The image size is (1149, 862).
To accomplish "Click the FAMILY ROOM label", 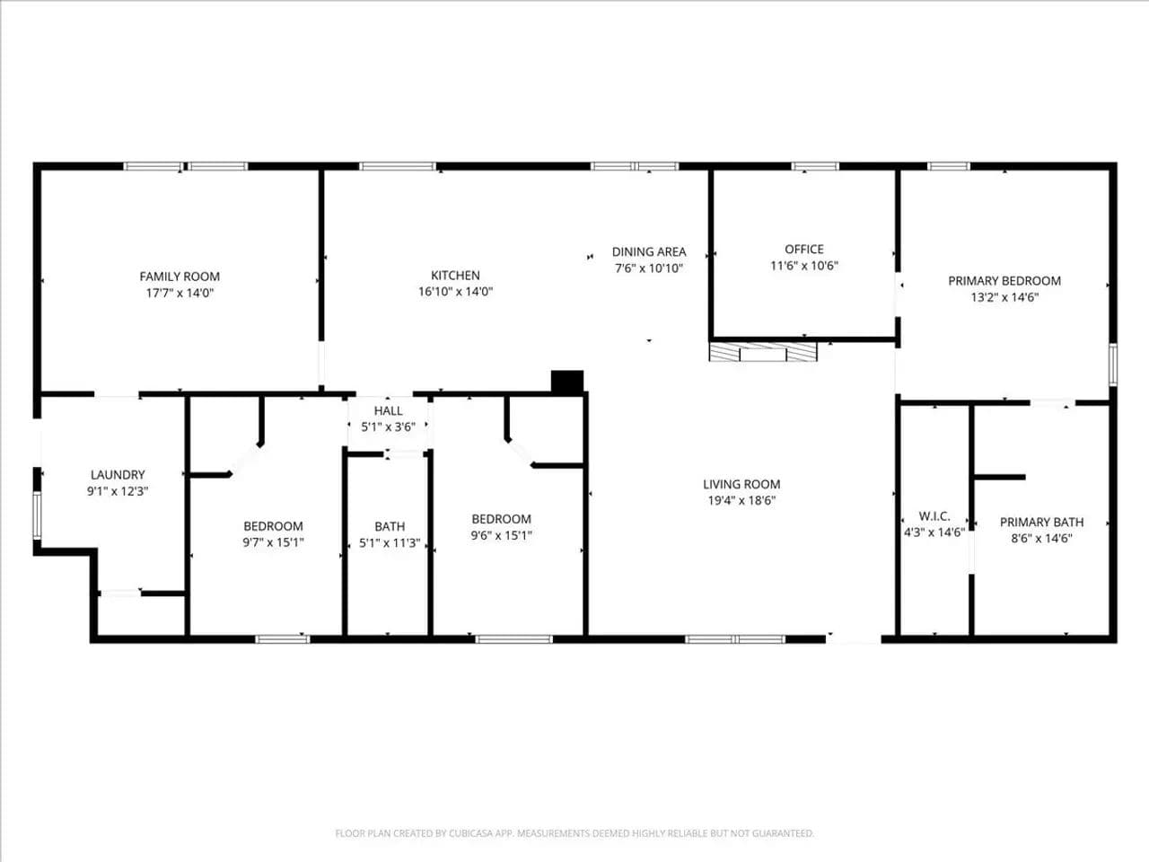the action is pos(180,277).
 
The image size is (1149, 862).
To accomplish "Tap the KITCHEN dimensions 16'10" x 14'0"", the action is pos(455,292).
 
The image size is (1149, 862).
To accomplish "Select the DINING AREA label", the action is pos(649,251).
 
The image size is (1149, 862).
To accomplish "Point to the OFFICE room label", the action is pos(804,249).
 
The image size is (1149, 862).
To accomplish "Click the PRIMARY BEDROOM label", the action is pos(1004,280).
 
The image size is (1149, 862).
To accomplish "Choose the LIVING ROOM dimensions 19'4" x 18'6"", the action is pos(741,500).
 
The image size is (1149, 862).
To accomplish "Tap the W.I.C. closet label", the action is pos(934,516).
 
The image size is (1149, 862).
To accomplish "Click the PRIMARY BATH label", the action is pos(1041,522).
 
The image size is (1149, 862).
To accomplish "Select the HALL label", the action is pos(389,411).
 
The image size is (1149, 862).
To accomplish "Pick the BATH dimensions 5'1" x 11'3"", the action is pos(390,542).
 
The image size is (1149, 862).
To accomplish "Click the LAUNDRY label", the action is pos(118,475).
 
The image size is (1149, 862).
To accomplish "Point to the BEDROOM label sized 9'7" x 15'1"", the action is pos(273,526).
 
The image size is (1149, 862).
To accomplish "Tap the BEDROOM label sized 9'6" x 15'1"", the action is pos(502,519).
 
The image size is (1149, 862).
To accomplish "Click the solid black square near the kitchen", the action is pos(567,382).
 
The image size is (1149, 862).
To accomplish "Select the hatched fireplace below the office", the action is pos(763,352).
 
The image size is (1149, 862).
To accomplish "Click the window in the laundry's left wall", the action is pos(37,515).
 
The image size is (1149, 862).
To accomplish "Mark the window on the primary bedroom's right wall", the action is pos(1113,365).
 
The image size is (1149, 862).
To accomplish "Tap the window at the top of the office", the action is pos(815,166).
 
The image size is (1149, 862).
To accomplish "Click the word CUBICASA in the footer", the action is pos(471,832).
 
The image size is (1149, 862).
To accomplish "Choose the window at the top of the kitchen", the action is pos(398,166).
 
